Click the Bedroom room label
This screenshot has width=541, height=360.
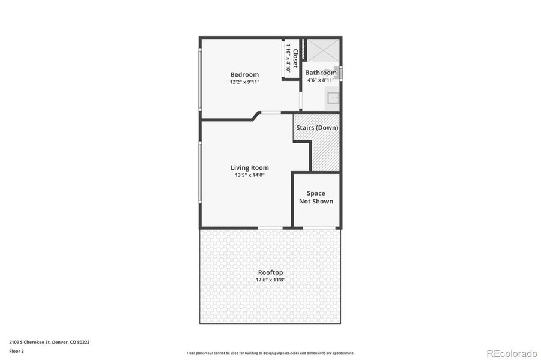click(244, 74)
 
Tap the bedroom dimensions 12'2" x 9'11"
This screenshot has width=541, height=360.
click(244, 82)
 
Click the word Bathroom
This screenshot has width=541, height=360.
click(321, 73)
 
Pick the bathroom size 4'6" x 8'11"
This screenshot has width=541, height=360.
click(321, 80)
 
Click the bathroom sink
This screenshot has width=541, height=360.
click(332, 98)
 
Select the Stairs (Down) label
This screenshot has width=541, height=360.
click(317, 128)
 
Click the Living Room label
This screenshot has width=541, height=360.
click(250, 168)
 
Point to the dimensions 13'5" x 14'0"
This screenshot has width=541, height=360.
click(250, 175)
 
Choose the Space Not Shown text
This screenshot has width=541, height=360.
click(316, 197)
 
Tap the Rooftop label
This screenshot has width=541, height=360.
click(270, 272)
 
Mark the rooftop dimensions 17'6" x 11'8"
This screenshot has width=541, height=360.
click(270, 280)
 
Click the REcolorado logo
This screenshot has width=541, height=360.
click(512, 353)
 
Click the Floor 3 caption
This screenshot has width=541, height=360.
click(16, 351)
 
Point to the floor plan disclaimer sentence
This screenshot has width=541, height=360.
click(270, 353)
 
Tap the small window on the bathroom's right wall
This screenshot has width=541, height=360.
click(341, 73)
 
